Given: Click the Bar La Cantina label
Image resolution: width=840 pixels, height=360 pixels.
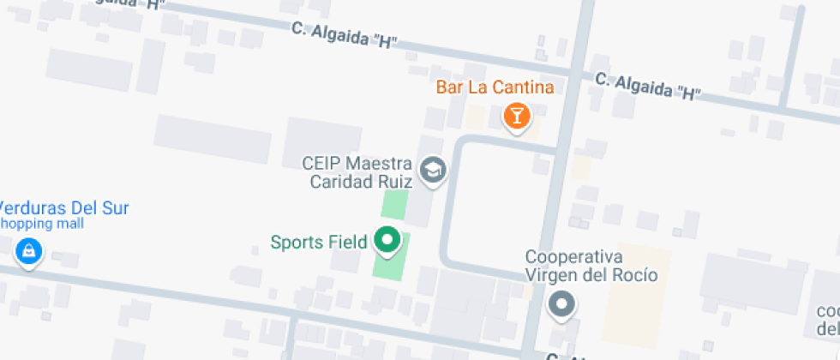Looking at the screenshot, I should [495, 87].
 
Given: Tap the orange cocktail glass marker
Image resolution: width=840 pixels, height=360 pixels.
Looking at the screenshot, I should [516, 115].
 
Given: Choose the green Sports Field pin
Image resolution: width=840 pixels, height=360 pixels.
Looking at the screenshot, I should [387, 241].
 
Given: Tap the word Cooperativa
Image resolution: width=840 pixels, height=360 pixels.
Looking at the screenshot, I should [573, 257].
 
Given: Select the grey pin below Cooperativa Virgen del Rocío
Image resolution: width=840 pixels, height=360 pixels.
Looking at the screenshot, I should [561, 303].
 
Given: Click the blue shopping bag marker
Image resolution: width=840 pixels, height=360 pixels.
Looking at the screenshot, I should [29, 252].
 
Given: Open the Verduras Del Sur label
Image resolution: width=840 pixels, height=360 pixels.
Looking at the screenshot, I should [63, 207].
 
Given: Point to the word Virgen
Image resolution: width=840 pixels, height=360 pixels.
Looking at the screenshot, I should [551, 275].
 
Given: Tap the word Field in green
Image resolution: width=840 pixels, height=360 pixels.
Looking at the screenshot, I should [349, 242].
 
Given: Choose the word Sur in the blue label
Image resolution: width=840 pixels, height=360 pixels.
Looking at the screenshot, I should [113, 207].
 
